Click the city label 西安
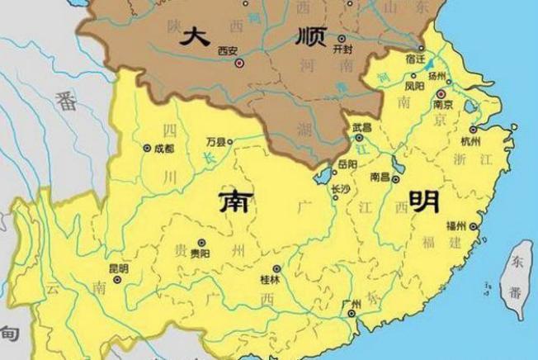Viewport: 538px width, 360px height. point(228,51)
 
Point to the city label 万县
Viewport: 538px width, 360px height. point(216,142)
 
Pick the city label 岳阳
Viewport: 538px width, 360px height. point(347,165)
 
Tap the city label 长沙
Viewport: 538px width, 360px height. point(340,188)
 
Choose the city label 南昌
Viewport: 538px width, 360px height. point(380,177)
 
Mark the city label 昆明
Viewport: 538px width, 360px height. point(118,268)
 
